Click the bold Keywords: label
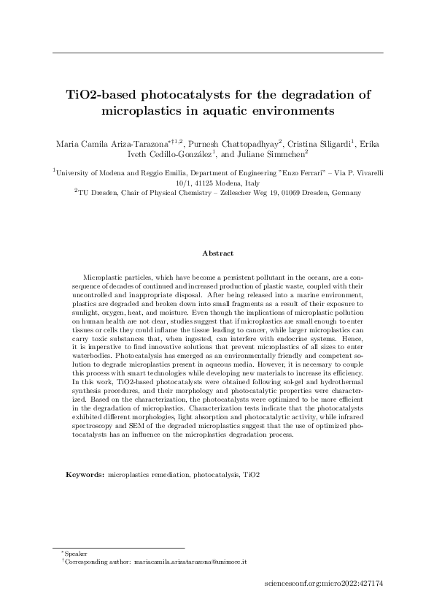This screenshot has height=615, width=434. (x=85, y=474)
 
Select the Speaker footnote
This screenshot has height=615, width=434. (x=75, y=555)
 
